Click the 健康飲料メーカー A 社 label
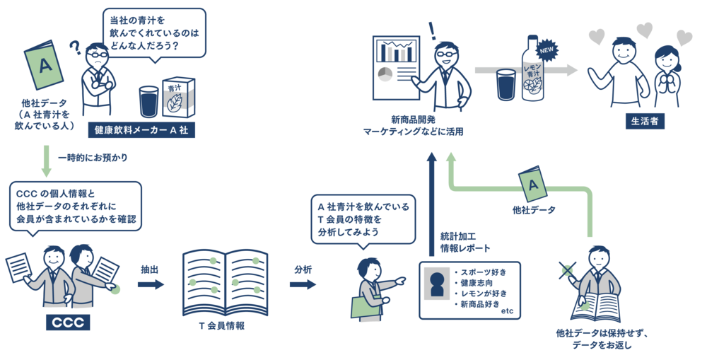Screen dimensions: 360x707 [141, 130]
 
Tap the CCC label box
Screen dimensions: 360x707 [68, 323]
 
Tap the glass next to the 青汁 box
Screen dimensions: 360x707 [148, 101]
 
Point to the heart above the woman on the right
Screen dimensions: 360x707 [684, 37]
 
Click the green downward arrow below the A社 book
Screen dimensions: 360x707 [46, 161]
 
